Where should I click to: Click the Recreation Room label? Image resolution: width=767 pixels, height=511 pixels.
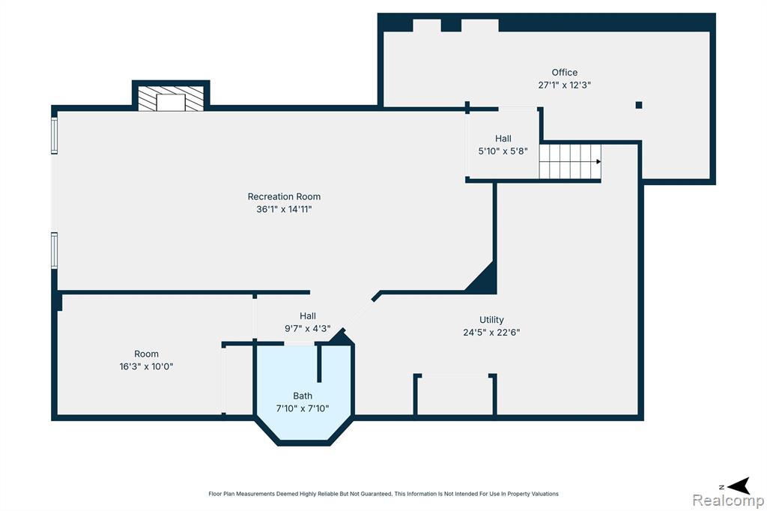pyautogui.click(x=284, y=196)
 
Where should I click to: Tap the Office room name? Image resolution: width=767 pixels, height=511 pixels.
pyautogui.click(x=565, y=73)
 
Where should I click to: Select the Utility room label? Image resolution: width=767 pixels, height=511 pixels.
pyautogui.click(x=491, y=320)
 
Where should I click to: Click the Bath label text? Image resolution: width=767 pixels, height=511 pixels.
pyautogui.click(x=303, y=396)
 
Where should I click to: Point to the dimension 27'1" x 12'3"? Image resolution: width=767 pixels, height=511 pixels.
pyautogui.click(x=565, y=85)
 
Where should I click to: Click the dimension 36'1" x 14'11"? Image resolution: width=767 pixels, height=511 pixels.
pyautogui.click(x=284, y=209)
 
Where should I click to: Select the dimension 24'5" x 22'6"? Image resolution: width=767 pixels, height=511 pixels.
pyautogui.click(x=491, y=333)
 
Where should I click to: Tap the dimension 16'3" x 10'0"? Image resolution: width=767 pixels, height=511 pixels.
pyautogui.click(x=146, y=366)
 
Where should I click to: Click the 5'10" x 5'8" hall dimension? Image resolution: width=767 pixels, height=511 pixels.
pyautogui.click(x=503, y=151)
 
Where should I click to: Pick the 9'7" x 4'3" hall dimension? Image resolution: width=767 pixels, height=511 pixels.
pyautogui.click(x=308, y=328)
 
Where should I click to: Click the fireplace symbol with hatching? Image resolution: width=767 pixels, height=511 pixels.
pyautogui.click(x=171, y=98)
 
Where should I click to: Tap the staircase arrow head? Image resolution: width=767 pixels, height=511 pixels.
pyautogui.click(x=598, y=162)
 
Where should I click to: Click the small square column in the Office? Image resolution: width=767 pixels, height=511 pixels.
pyautogui.click(x=639, y=105)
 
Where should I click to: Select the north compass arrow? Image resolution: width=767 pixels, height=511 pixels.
pyautogui.click(x=739, y=486)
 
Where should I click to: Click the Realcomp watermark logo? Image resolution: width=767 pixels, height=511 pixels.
pyautogui.click(x=728, y=501)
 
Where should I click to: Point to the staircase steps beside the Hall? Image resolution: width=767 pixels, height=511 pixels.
pyautogui.click(x=570, y=162)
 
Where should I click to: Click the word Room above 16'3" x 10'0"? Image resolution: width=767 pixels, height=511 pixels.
pyautogui.click(x=146, y=354)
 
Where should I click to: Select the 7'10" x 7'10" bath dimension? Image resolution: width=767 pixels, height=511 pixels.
pyautogui.click(x=303, y=408)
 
